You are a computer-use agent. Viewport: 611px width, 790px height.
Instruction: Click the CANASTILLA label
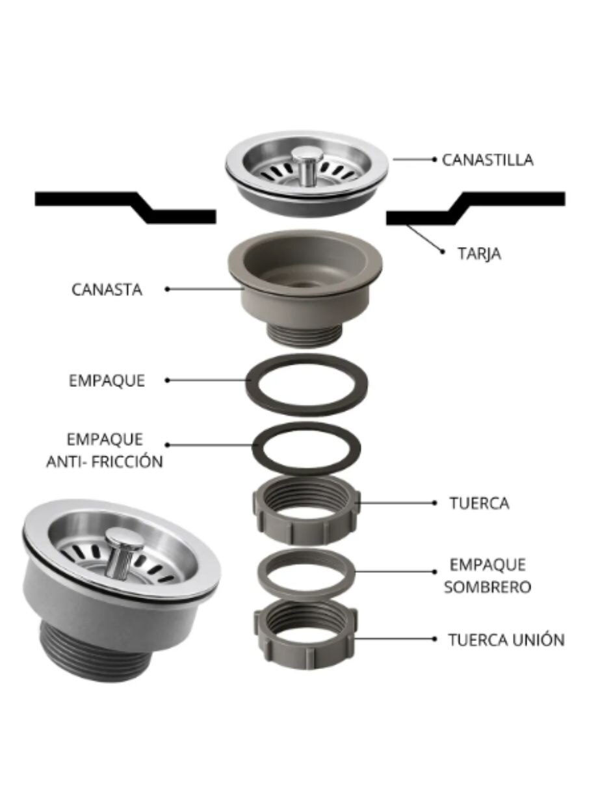pyautogui.click(x=487, y=160)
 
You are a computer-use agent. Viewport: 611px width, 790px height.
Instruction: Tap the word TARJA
pyautogui.click(x=479, y=254)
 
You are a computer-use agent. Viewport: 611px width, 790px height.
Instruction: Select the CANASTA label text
pyautogui.click(x=107, y=290)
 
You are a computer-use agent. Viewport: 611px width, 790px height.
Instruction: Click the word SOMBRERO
pyautogui.click(x=487, y=586)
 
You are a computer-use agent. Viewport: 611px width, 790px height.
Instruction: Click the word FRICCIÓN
pyautogui.click(x=127, y=462)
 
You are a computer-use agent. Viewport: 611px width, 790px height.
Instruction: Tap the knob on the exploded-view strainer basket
pyautogui.click(x=307, y=165)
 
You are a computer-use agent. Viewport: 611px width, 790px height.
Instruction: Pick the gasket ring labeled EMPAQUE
pyautogui.click(x=306, y=385)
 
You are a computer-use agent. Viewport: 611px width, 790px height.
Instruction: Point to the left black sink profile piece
pyautogui.click(x=125, y=207)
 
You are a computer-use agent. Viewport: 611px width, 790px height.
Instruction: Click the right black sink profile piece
pyautogui.click(x=475, y=208)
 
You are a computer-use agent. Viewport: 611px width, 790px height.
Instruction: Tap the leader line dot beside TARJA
pyautogui.click(x=443, y=252)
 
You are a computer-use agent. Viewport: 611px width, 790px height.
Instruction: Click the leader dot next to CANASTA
pyautogui.click(x=167, y=289)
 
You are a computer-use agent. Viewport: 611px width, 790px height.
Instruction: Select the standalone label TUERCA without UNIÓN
pyautogui.click(x=479, y=503)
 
